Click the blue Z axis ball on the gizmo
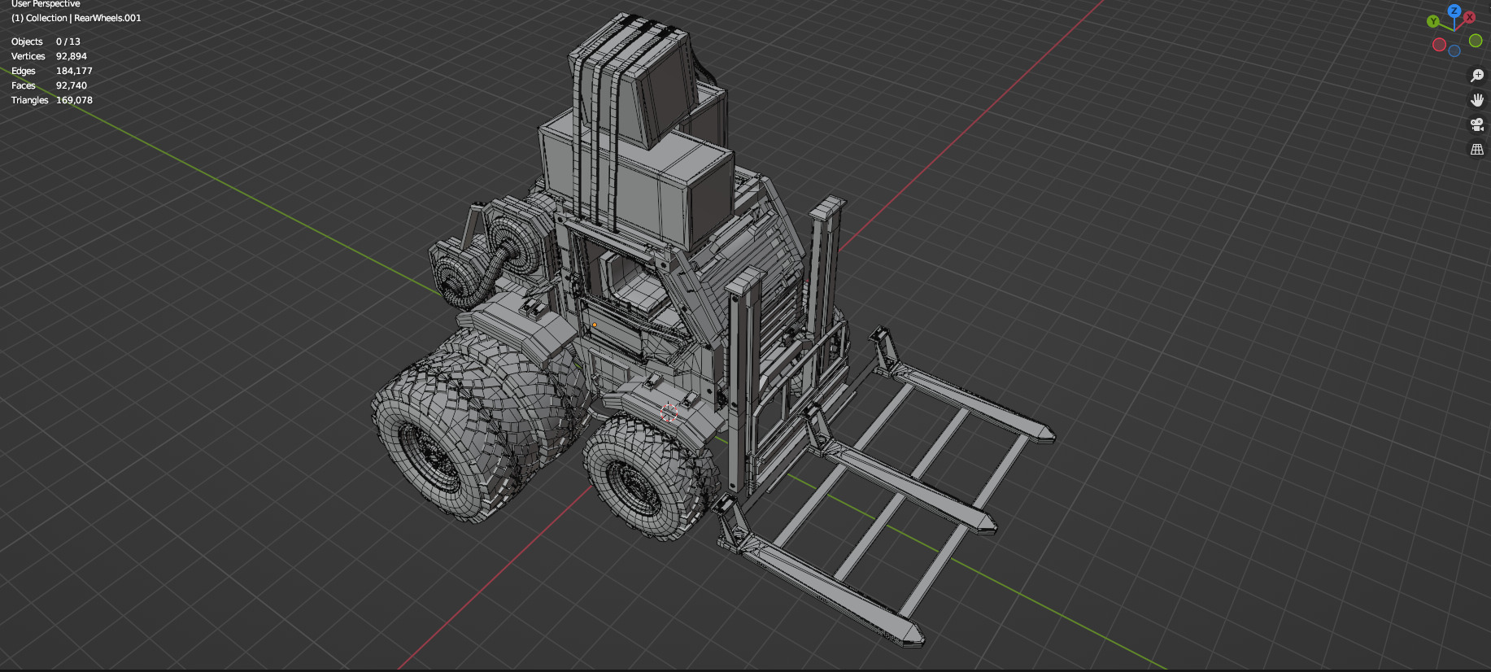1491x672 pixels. (x=1454, y=11)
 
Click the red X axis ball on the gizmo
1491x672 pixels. (x=1470, y=17)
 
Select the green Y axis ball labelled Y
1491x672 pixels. (x=1433, y=21)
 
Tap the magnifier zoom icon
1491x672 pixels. (x=1477, y=76)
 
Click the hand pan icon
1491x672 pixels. (x=1477, y=100)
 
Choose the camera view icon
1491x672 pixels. (x=1477, y=124)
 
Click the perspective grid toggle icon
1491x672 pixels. (x=1477, y=150)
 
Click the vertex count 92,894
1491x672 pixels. (x=71, y=56)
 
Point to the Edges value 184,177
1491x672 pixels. (x=74, y=71)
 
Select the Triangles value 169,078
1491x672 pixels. (x=74, y=100)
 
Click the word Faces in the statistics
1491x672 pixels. (x=24, y=85)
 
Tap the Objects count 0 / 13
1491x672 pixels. (x=68, y=41)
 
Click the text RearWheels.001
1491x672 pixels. (x=107, y=18)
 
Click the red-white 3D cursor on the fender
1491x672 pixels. (x=669, y=412)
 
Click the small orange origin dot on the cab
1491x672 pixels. (x=595, y=325)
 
